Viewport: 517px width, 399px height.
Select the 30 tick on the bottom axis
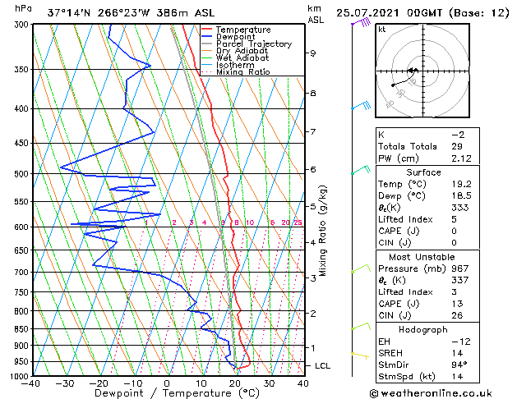(269, 383)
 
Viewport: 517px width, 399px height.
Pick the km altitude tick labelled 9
(312, 53)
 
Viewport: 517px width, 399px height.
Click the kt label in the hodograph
(381, 29)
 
